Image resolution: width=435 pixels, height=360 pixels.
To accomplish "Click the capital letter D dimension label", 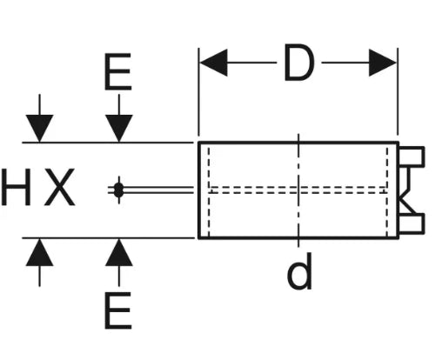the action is click(x=299, y=62).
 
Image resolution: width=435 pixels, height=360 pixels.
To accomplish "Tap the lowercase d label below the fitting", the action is click(x=299, y=271).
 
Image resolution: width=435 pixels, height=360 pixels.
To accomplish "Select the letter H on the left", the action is click(x=16, y=187).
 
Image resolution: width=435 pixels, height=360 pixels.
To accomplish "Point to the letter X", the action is click(x=60, y=187).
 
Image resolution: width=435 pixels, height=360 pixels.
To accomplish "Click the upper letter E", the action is click(x=118, y=71).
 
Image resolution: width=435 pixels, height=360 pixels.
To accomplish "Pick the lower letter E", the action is click(x=118, y=310).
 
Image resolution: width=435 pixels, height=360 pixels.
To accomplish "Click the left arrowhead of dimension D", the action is click(x=214, y=63).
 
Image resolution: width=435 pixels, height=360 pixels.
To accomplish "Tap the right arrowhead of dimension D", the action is click(x=383, y=63).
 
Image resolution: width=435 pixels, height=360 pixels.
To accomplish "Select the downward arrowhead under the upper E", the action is click(x=119, y=129).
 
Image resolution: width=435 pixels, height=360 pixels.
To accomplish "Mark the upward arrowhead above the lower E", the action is click(x=119, y=252).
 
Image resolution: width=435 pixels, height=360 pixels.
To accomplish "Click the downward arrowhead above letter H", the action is click(x=39, y=129).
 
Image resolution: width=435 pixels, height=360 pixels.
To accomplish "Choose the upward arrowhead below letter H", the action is click(x=39, y=252).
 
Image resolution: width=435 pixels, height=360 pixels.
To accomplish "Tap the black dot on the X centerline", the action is click(x=118, y=190).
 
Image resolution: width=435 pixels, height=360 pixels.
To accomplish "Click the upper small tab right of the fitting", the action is click(x=412, y=157).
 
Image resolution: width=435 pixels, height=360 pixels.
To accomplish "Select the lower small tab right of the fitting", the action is click(x=412, y=223).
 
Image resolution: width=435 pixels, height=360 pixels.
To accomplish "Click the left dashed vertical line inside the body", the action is click(x=209, y=190).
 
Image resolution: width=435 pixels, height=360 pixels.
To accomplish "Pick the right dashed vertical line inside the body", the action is click(x=387, y=190).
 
